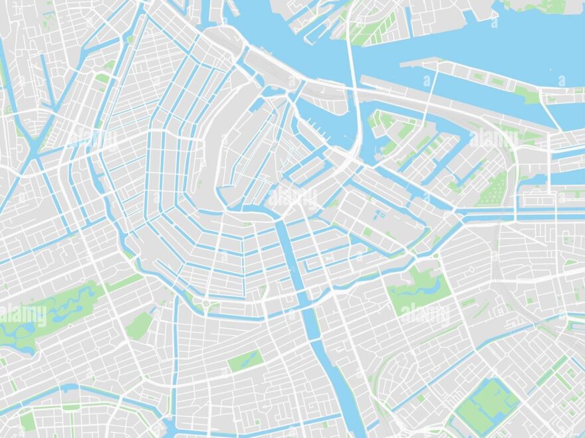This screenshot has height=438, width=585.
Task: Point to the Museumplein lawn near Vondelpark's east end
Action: (x=139, y=325)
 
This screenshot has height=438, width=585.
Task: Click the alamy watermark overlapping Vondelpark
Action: (x=23, y=316)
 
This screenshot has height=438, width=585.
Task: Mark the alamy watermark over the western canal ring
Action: (x=93, y=139)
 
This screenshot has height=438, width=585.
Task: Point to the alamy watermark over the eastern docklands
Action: (x=492, y=139)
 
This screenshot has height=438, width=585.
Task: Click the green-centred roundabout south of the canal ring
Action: (x=206, y=305)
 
